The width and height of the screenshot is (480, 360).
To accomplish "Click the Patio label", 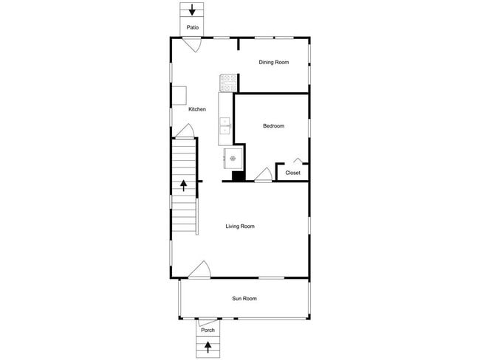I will pos(192,28).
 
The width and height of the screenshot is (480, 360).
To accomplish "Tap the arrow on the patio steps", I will pos(192,10).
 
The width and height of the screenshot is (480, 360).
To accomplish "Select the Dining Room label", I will pos(273,63).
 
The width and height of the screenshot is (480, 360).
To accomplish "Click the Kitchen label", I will pos(197,109).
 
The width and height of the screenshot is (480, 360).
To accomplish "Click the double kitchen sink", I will pos(225,126).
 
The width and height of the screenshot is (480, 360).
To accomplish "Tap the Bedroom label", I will pos(273,126).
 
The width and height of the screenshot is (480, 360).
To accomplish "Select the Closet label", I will pos(292,173).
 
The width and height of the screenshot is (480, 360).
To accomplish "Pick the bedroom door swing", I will pos(263,175).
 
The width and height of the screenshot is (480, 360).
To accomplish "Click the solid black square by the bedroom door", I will pos(239,176).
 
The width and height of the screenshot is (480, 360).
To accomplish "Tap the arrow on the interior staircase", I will pos(184,185).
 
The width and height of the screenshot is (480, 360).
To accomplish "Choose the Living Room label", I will pos(240,226).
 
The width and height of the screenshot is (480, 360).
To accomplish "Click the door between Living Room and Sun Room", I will pos(199,270).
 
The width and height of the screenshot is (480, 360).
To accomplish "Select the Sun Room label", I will pos(244,299).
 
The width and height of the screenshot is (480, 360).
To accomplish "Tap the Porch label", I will pos(208,330).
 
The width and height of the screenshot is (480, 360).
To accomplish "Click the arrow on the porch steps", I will pos(208,345).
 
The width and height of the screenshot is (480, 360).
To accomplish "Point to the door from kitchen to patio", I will pos(193,44).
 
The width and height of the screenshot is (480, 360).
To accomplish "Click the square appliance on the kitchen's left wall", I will pos(179,95).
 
